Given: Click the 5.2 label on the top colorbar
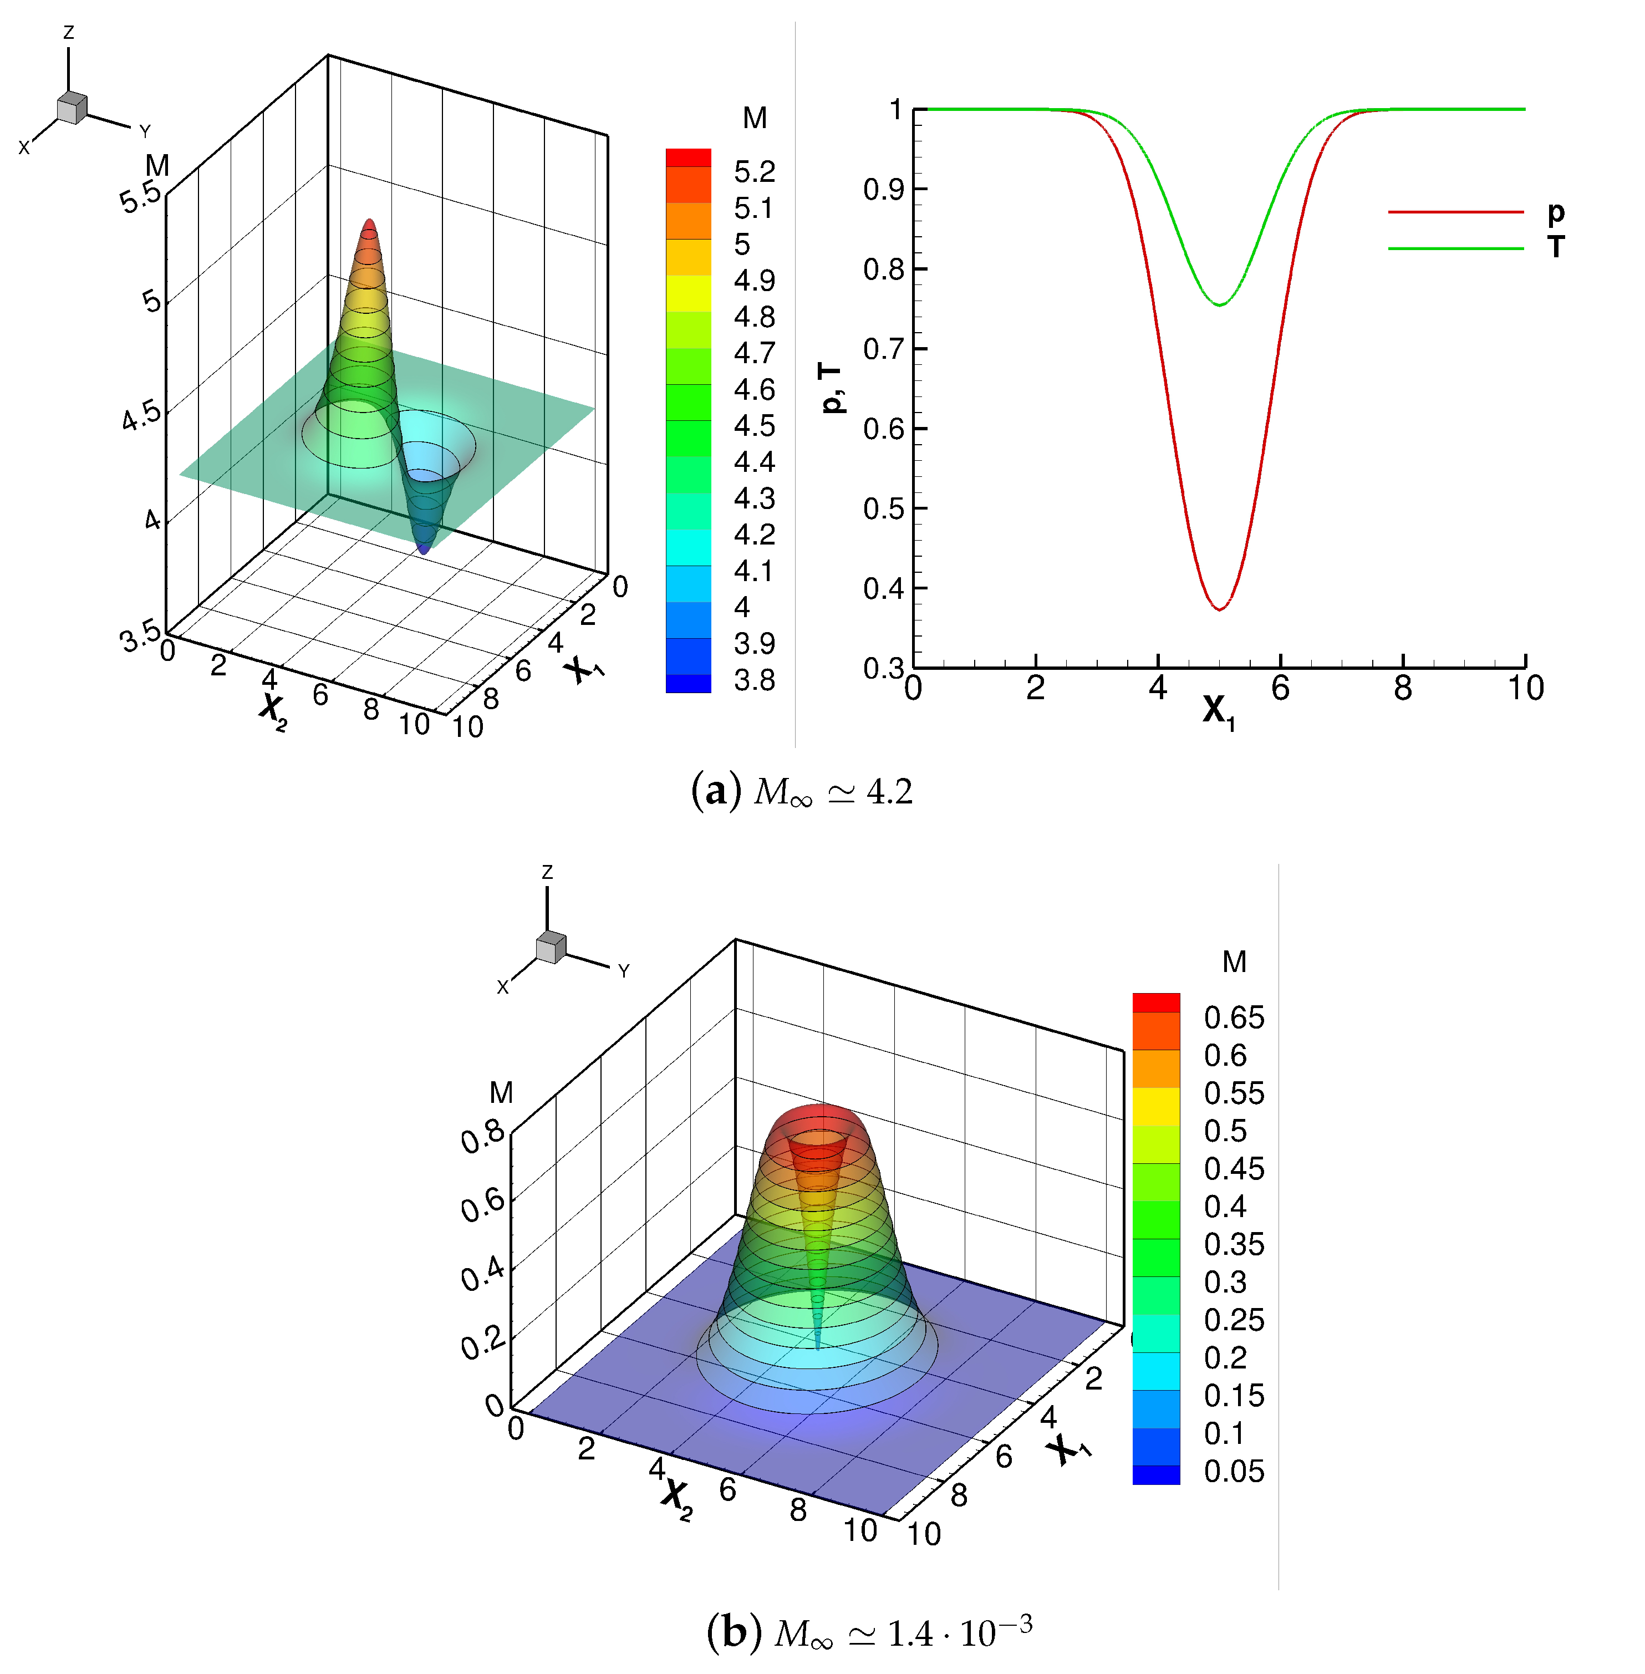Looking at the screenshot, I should [753, 172].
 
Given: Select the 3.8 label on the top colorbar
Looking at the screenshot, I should [753, 680].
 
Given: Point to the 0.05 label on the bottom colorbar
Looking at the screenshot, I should [1233, 1472].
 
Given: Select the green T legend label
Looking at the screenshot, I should [1556, 247].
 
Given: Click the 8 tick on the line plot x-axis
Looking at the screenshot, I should [1402, 689].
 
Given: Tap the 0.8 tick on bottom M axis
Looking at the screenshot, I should [482, 1137].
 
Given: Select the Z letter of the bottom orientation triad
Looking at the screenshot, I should [547, 872].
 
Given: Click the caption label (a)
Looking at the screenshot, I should [716, 791].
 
